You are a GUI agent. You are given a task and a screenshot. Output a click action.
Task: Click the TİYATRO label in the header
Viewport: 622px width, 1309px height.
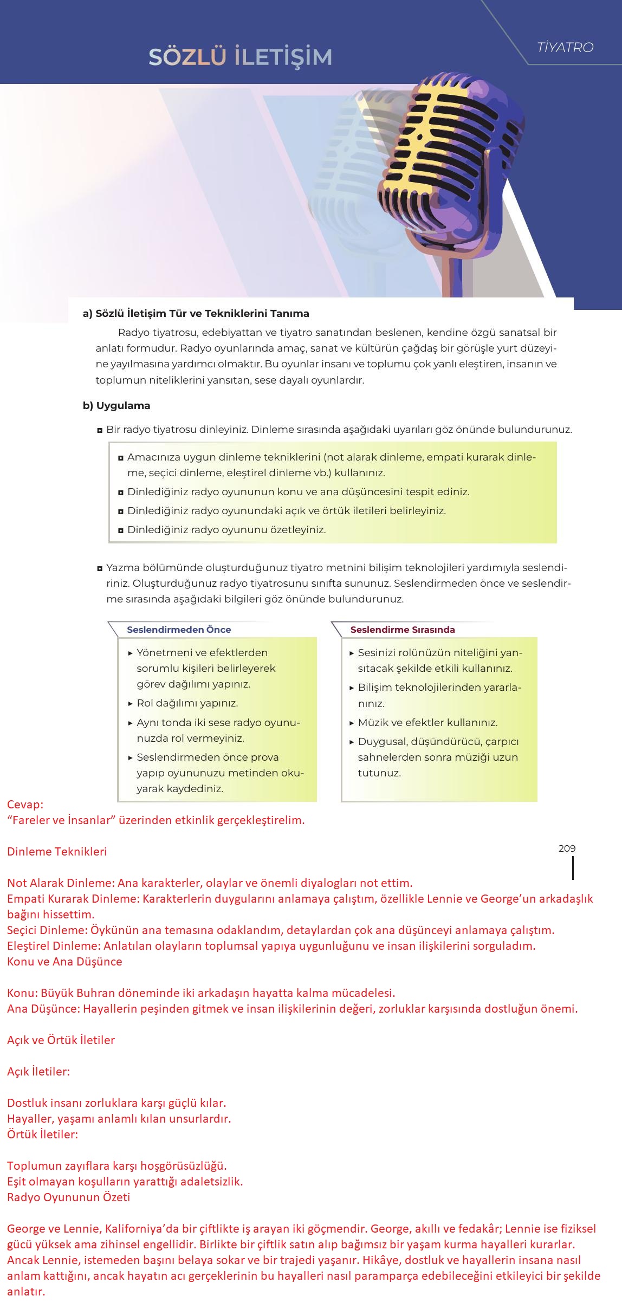click(x=565, y=48)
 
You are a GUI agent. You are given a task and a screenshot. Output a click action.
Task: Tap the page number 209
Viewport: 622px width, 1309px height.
click(x=567, y=848)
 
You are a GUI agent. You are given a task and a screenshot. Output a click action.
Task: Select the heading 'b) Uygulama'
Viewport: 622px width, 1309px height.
click(x=116, y=406)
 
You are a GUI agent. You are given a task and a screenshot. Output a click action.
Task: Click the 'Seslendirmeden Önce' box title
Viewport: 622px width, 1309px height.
click(x=179, y=630)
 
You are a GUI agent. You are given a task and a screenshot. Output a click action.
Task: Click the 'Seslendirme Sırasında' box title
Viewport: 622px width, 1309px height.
click(x=403, y=630)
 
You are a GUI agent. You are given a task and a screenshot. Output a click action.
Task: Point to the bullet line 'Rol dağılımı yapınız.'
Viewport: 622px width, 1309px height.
click(x=187, y=703)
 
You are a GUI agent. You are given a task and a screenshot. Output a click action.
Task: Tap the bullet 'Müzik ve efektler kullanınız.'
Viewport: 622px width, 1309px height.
click(x=427, y=722)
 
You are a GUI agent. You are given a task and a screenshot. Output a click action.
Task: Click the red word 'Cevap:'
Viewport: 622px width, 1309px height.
click(x=25, y=805)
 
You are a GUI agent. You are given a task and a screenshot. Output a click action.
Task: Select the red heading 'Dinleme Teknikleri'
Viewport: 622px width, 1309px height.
click(x=57, y=851)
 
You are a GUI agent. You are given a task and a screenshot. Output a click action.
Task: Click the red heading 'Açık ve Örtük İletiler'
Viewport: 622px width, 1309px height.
click(x=61, y=1040)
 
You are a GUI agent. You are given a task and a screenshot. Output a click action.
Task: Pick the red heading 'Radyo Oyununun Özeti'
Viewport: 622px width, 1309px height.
click(x=69, y=1197)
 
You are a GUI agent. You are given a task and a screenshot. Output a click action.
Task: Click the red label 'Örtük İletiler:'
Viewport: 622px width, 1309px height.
click(x=42, y=1134)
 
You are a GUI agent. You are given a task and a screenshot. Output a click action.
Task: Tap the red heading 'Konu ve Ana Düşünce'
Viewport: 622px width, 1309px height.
click(x=64, y=962)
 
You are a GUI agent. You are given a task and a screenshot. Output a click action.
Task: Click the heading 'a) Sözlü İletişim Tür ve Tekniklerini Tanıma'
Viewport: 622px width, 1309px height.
click(x=196, y=313)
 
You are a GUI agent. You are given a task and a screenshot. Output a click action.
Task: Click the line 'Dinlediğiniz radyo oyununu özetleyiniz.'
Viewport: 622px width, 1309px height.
click(x=226, y=529)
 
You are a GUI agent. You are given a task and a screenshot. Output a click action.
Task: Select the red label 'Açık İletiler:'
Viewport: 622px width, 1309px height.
click(x=38, y=1071)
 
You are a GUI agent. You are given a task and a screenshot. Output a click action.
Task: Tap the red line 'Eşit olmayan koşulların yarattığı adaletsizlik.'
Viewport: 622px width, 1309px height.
click(x=125, y=1181)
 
